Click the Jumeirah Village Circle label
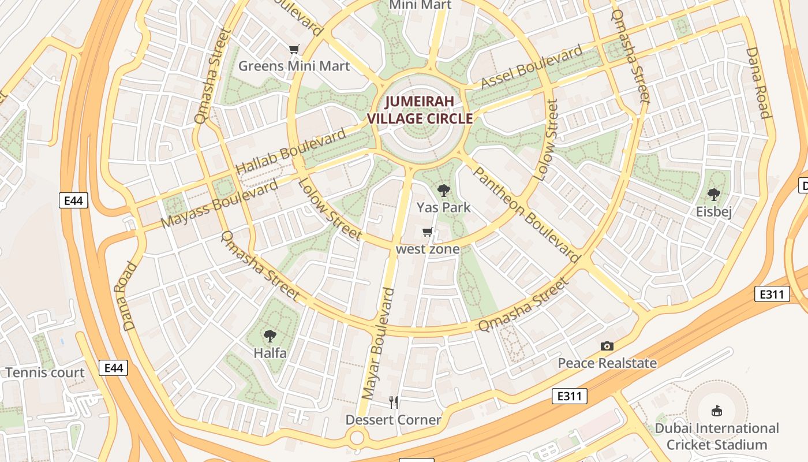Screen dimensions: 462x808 click(420, 110)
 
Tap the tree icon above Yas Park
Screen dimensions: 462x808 click(443, 190)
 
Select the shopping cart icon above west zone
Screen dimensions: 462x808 click(427, 232)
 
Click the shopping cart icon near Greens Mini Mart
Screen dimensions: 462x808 click(294, 49)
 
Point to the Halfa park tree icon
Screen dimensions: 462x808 click(270, 336)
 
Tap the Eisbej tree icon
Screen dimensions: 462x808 click(713, 195)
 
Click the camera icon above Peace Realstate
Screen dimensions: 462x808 click(607, 346)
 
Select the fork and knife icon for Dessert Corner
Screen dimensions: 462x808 click(393, 402)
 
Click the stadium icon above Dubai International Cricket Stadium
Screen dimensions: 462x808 click(716, 411)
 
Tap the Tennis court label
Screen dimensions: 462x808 click(45, 372)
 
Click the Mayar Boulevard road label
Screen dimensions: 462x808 click(378, 344)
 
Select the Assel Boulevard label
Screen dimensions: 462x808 click(532, 68)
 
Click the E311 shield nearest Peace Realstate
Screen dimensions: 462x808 click(570, 396)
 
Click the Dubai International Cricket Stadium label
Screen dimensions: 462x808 click(716, 437)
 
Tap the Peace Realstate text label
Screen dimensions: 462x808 click(607, 363)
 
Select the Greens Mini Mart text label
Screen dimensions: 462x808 click(294, 66)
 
